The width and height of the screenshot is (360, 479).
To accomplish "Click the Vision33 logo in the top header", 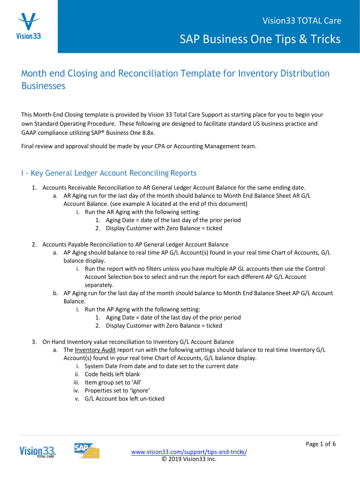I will coord(29,27).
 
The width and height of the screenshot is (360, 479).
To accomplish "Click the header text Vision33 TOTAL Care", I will coord(301,21).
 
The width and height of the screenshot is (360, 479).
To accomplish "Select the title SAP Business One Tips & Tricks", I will coord(260,39).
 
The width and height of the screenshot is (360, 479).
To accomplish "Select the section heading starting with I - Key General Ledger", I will coord(109,173).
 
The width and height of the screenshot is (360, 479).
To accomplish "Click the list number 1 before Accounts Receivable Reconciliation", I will coord(34,188).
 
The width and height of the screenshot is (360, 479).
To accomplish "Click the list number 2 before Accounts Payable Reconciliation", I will coord(34,245).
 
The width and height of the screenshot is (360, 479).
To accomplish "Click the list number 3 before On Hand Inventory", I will coord(34,342).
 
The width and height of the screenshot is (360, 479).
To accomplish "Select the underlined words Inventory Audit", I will coord(95,350).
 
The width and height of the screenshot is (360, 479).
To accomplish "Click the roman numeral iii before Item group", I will coord(76,382).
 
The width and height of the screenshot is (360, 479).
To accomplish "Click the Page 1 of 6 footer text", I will coord(321,444).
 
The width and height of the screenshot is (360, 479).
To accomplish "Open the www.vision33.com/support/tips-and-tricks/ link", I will coord(189,452).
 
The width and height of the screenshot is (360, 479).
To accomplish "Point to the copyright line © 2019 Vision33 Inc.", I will coord(189,459).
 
